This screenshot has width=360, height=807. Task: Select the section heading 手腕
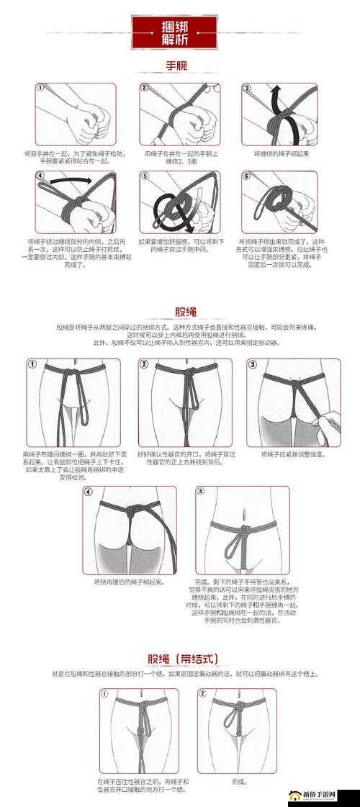(x=176, y=66)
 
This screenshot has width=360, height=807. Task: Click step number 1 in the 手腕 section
(x=40, y=88)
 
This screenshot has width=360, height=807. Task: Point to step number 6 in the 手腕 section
(x=246, y=176)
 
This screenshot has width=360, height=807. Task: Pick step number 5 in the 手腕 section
(x=145, y=176)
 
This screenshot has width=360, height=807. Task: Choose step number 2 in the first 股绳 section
(x=144, y=365)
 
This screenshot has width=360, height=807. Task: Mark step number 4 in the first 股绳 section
(x=89, y=492)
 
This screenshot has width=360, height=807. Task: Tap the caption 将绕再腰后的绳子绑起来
(x=129, y=581)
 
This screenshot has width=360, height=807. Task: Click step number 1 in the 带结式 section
(x=104, y=694)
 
